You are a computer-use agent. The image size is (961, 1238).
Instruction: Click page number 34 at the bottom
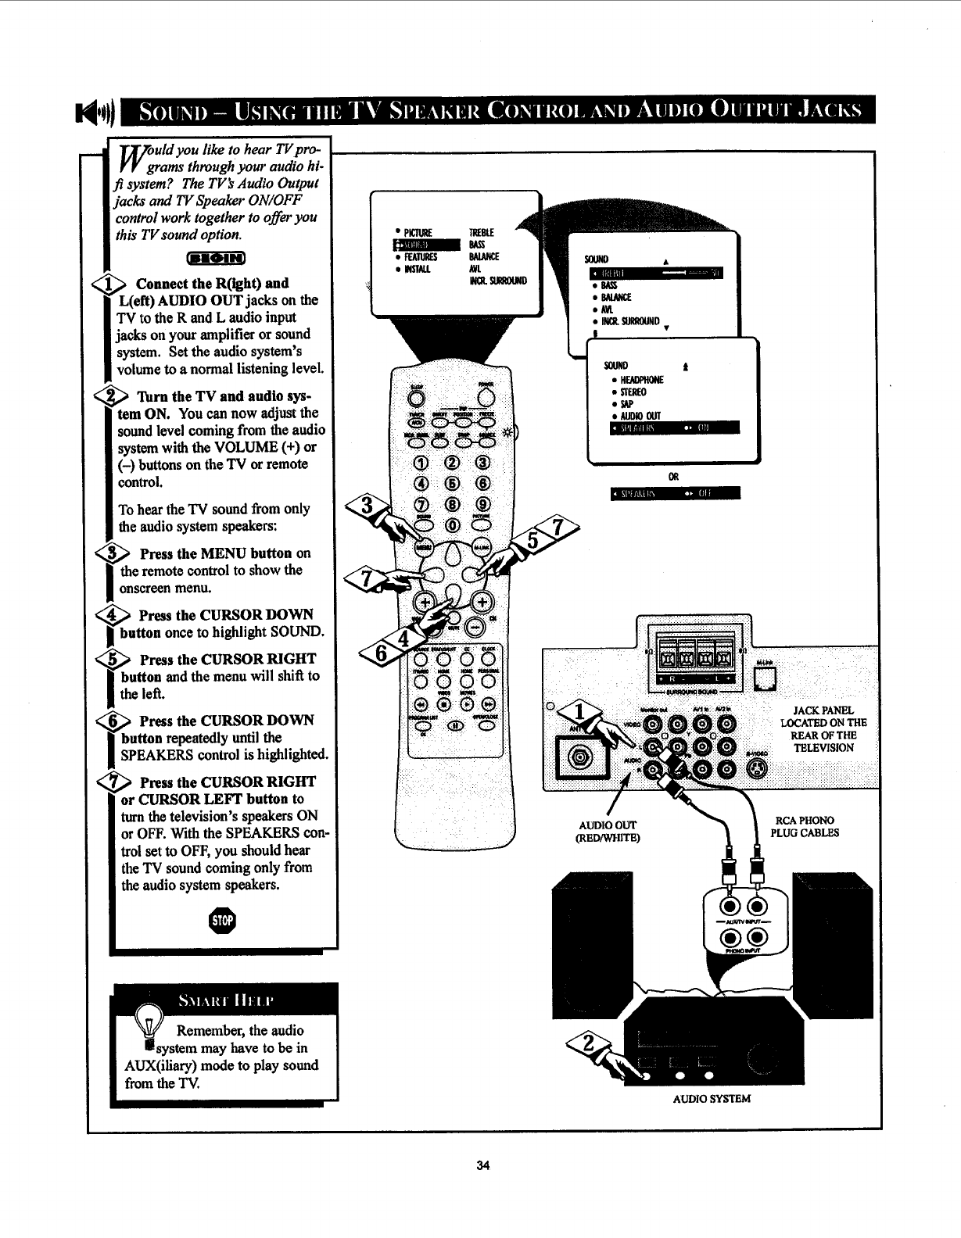(482, 1165)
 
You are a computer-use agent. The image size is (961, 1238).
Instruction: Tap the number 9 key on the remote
(482, 505)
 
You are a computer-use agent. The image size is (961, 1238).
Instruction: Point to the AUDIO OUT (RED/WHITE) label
(608, 831)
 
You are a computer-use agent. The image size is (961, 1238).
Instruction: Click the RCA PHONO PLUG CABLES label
(803, 826)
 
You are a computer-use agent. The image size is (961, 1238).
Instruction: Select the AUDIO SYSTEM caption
(712, 1098)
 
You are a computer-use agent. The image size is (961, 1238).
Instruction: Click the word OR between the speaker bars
(672, 476)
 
